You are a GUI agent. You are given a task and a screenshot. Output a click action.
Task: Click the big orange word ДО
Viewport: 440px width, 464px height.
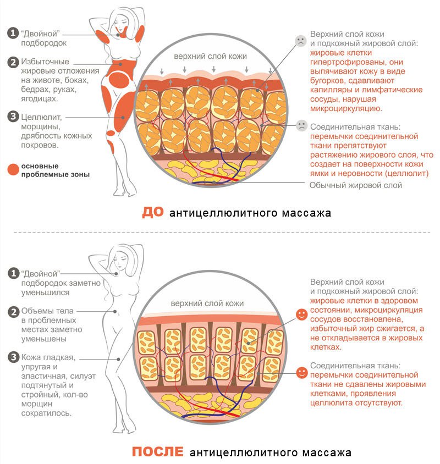point(152,212)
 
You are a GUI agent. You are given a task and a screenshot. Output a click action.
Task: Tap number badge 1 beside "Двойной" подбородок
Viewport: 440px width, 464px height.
point(12,33)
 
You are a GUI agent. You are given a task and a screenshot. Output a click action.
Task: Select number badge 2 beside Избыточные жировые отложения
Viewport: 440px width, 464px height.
point(12,62)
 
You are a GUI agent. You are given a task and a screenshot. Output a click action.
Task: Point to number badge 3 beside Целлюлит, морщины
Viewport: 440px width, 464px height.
point(12,117)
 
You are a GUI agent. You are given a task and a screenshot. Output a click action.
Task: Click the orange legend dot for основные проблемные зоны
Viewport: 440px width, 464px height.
point(12,170)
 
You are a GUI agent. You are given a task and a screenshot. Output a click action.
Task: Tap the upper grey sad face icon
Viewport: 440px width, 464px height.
point(300,40)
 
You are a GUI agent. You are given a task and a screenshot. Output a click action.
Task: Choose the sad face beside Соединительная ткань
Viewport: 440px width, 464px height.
point(300,125)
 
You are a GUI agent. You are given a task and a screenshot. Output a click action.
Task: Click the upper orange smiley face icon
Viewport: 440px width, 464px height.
point(301,314)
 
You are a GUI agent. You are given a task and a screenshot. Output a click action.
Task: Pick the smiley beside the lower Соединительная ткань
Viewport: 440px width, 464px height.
point(301,372)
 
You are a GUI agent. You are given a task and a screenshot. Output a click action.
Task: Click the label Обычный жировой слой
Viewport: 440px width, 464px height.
point(355,185)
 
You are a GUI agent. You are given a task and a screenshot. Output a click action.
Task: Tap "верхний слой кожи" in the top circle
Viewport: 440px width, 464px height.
point(210,56)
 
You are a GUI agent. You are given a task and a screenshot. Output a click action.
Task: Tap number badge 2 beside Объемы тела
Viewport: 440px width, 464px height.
point(12,312)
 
